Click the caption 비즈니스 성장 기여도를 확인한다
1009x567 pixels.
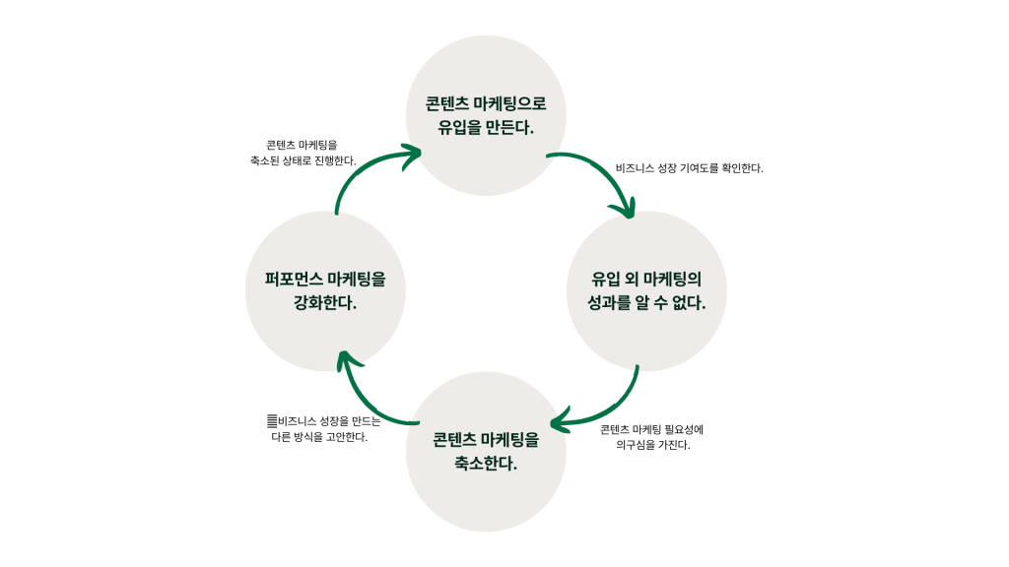pyautogui.click(x=689, y=168)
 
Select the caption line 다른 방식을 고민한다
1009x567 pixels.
pyautogui.click(x=318, y=437)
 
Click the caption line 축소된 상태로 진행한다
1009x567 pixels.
pyautogui.click(x=303, y=159)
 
